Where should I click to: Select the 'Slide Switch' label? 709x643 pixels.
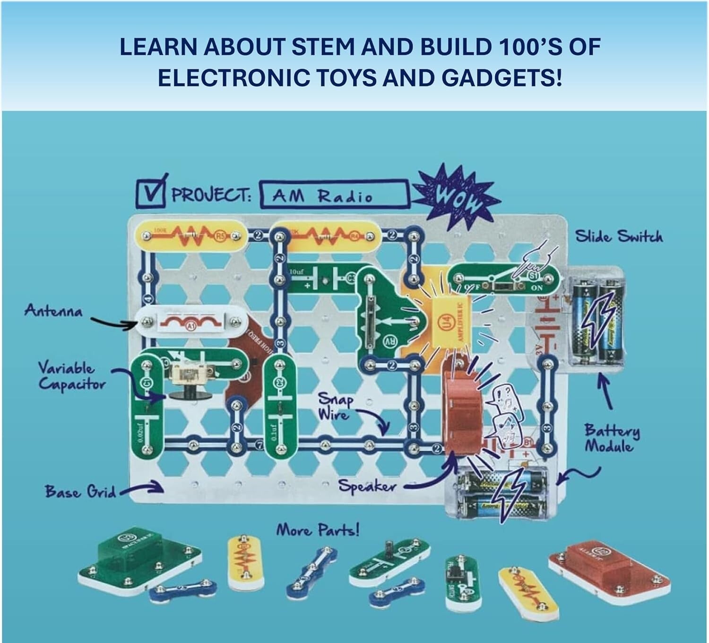(x=618, y=236)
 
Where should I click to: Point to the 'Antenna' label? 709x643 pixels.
(x=53, y=312)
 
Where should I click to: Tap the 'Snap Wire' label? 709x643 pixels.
(x=336, y=406)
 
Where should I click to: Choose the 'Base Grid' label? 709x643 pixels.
(x=80, y=492)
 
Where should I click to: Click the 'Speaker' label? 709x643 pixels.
(x=367, y=486)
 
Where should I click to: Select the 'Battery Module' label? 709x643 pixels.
(x=612, y=438)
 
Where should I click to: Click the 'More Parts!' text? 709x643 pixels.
(x=318, y=531)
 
